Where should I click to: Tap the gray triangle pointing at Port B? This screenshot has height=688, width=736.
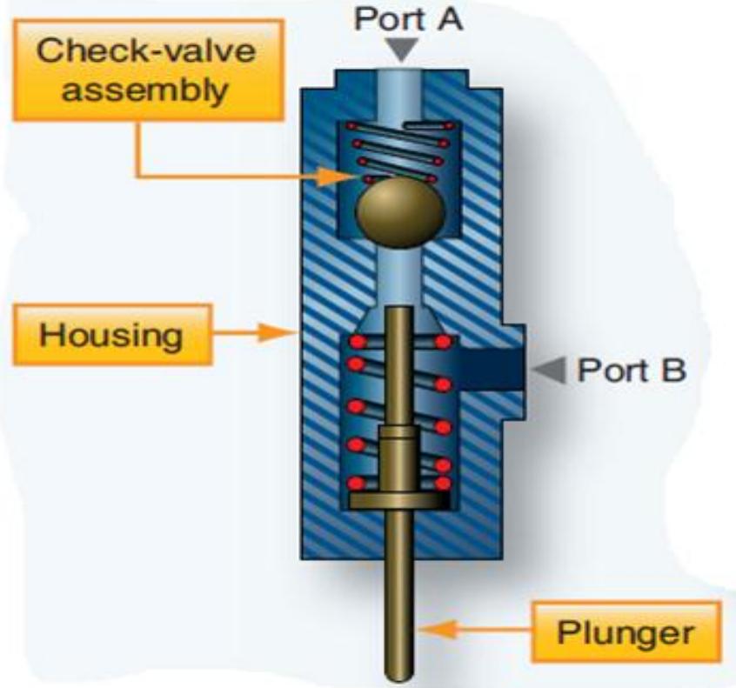550,371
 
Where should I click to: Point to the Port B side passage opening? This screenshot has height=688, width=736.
492,371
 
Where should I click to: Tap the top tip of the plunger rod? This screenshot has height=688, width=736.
400,312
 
